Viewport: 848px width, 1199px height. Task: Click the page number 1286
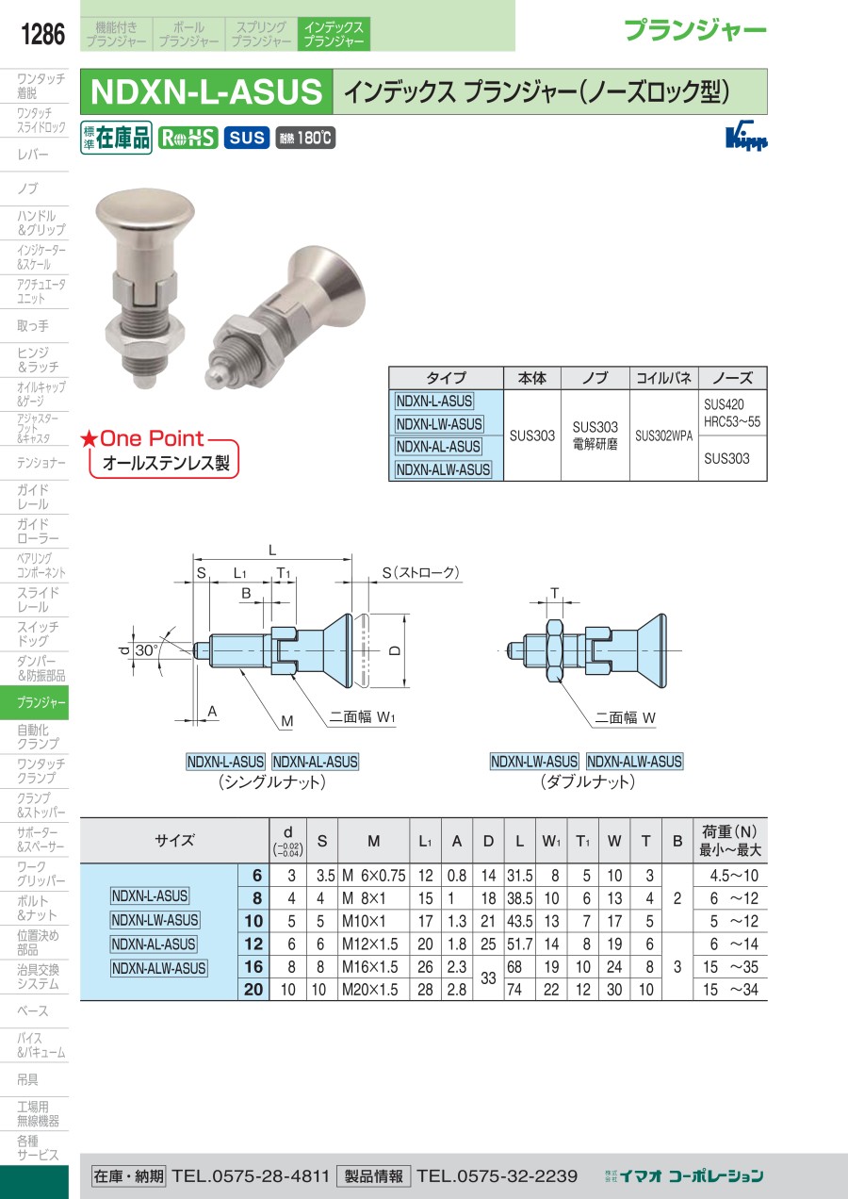(42, 34)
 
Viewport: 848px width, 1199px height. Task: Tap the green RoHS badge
(188, 138)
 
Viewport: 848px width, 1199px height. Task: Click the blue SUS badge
(247, 138)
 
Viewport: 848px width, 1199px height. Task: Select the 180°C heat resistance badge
(305, 139)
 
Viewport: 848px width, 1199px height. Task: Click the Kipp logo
(746, 136)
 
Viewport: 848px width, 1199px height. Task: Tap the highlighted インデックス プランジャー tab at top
(334, 34)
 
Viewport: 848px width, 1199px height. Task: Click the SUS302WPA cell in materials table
(663, 435)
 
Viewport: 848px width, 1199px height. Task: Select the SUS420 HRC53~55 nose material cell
(732, 413)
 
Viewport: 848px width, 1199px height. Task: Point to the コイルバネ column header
(663, 378)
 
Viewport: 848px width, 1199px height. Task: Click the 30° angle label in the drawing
(146, 650)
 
